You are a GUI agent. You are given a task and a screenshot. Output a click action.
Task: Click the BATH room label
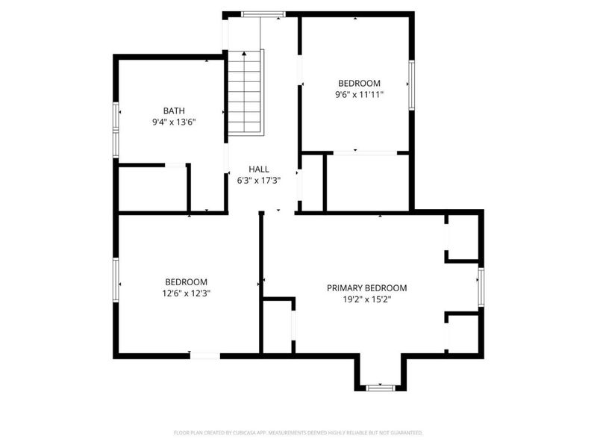[174, 111]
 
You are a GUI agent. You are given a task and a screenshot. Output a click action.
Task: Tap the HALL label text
[259, 169]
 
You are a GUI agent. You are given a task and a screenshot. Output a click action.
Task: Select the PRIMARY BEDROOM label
[366, 288]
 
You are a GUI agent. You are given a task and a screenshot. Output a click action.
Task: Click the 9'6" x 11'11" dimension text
[359, 95]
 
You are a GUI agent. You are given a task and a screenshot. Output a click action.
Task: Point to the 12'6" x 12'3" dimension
[186, 293]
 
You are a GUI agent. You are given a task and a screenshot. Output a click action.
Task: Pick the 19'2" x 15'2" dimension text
[367, 299]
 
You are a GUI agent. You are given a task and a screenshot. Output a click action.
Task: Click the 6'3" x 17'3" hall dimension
[259, 181]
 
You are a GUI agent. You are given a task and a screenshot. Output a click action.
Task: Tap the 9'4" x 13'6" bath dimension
[174, 122]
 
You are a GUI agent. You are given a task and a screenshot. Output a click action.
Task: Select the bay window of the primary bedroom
[380, 388]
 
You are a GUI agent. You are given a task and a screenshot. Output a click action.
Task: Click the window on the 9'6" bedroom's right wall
[412, 85]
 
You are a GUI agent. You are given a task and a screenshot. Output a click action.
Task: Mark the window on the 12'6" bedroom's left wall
[116, 280]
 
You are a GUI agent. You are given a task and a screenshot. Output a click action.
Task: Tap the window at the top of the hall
[263, 15]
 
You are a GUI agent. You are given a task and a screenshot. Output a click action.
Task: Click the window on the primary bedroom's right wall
[481, 287]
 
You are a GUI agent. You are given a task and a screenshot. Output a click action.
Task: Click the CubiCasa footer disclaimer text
[298, 433]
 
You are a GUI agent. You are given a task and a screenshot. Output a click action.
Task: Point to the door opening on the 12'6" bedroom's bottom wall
[205, 356]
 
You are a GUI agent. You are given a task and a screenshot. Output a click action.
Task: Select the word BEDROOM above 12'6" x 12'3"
[186, 282]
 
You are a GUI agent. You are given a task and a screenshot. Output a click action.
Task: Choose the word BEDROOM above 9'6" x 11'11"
[359, 84]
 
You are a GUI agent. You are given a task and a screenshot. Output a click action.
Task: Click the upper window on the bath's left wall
[116, 116]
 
